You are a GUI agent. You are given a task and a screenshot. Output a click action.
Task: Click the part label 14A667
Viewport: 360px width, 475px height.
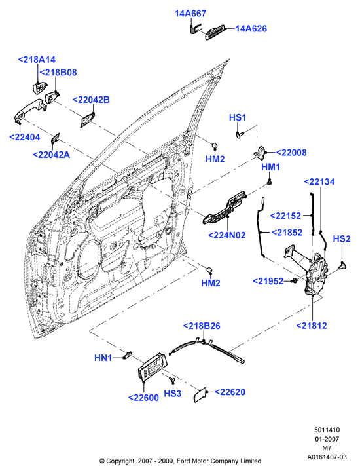(190, 14)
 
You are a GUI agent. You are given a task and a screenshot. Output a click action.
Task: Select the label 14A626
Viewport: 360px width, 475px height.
(251, 29)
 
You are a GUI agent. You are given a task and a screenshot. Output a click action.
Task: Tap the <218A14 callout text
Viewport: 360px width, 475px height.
(37, 60)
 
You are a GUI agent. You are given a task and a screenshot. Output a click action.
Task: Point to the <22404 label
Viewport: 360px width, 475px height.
(24, 137)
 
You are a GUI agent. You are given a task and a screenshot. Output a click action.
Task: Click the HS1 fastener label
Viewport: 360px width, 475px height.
(238, 117)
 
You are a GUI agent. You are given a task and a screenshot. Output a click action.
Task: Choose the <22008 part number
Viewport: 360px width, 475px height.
(291, 153)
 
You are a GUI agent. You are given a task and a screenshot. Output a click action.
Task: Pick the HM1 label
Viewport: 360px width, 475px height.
(270, 167)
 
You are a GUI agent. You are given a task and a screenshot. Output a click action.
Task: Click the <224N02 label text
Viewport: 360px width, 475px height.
(227, 235)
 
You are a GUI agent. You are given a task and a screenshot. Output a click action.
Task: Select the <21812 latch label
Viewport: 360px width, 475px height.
(312, 326)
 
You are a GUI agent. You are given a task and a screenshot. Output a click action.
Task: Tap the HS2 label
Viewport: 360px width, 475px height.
(342, 238)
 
